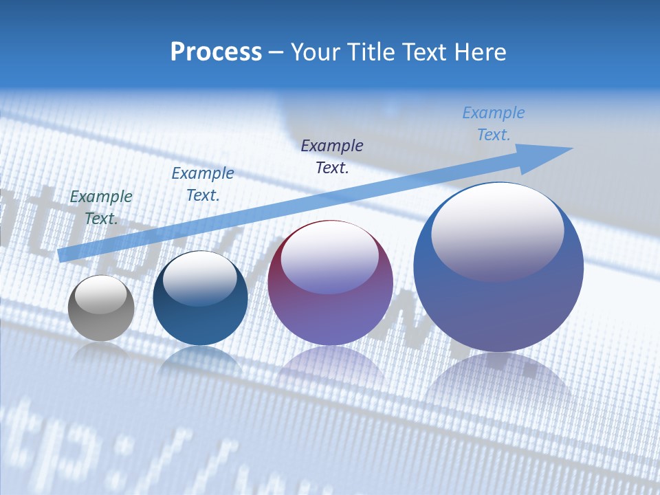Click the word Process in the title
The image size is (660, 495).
click(216, 52)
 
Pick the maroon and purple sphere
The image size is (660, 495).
click(330, 309)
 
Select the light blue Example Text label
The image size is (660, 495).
click(494, 124)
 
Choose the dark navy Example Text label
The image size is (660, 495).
click(332, 156)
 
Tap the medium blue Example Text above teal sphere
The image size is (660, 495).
click(203, 184)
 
